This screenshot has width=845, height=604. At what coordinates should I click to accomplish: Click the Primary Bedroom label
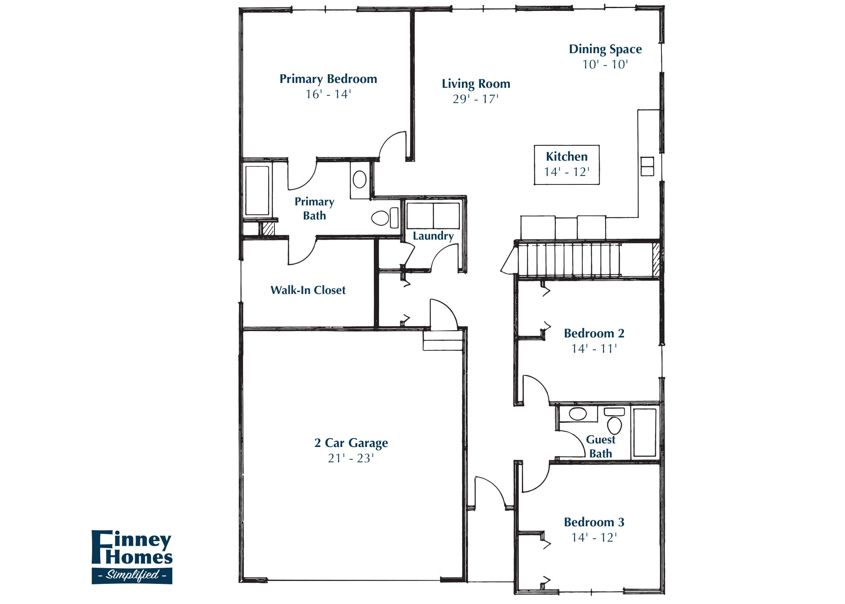(x=328, y=79)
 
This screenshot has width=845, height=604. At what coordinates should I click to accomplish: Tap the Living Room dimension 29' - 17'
(x=476, y=99)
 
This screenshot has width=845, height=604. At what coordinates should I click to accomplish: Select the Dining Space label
(x=605, y=49)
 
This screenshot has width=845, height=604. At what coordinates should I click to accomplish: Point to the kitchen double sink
(x=647, y=166)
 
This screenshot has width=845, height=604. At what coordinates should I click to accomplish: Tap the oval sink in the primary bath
(x=359, y=179)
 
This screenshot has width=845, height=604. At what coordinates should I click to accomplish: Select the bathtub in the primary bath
(x=257, y=190)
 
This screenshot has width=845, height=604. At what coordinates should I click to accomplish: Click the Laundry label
(x=433, y=236)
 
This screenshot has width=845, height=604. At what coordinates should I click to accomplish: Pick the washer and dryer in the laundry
(x=433, y=216)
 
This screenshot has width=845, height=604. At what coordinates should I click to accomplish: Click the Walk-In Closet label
(x=308, y=290)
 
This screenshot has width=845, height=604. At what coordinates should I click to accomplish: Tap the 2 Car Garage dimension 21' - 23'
(x=351, y=458)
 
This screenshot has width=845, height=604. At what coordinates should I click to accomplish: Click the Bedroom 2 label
(x=594, y=333)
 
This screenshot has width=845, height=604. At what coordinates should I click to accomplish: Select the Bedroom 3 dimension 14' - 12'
(x=594, y=538)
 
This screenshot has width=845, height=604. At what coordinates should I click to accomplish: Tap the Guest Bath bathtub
(x=645, y=432)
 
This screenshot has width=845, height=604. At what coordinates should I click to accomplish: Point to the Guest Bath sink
(x=578, y=414)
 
